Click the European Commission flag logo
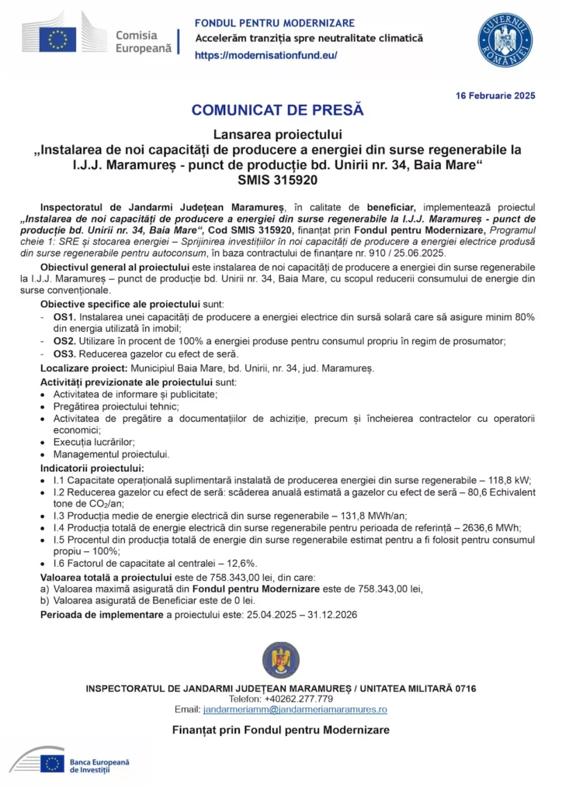pos(58,38)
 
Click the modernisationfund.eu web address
pos(265,55)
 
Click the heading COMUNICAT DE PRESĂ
pos(277,110)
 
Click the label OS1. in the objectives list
pos(64,318)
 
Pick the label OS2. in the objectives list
pos(64,341)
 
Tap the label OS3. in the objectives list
pos(64,354)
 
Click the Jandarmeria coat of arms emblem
pos(280,660)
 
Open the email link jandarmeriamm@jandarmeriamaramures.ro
pos(294,709)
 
